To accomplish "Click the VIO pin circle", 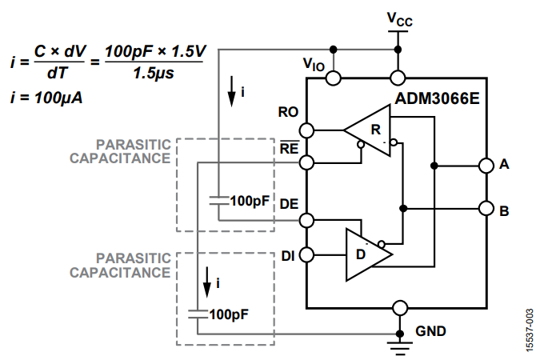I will tap(333, 78).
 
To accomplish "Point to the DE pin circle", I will tap(307, 219).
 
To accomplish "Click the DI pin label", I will tap(288, 256).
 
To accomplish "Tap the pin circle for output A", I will tap(484, 166).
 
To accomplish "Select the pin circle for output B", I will tap(484, 210).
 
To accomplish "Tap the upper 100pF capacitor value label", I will tap(249, 201).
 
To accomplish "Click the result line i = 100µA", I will tap(47, 98).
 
